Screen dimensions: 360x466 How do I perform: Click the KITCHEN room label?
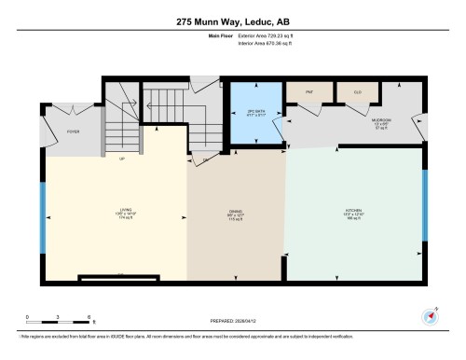(355, 212)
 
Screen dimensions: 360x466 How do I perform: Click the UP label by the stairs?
(121, 158)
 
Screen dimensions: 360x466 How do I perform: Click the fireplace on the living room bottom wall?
(121, 274)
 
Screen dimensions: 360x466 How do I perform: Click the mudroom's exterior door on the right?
(424, 126)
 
